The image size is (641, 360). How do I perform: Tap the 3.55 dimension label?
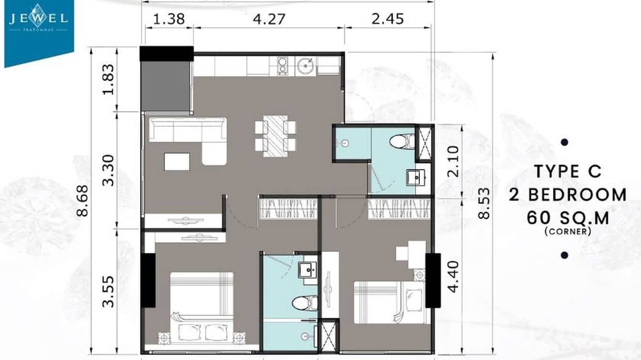coord(109,291)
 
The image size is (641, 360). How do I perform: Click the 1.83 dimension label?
coord(109,79)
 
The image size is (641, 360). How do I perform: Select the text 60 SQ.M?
coord(568,218)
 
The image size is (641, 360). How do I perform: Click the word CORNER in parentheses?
coord(567,232)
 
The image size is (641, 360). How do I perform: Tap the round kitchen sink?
coord(305,66)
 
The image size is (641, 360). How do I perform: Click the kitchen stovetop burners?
coord(282,66)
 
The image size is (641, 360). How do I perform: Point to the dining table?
coord(275,136)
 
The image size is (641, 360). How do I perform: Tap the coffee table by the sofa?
coord(177,161)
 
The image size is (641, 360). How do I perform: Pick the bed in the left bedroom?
coord(202,306)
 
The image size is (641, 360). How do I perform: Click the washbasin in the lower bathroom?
coord(306,270)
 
